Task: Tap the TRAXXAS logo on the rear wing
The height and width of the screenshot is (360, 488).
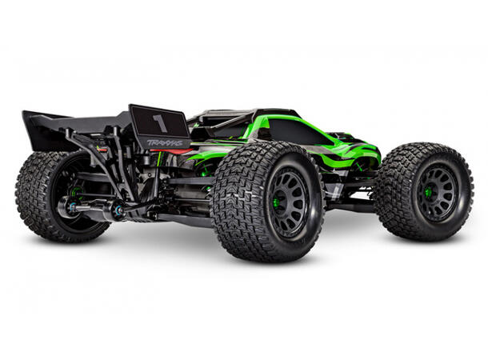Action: tap(163, 143)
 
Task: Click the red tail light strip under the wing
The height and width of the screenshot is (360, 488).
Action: tap(102, 149)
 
